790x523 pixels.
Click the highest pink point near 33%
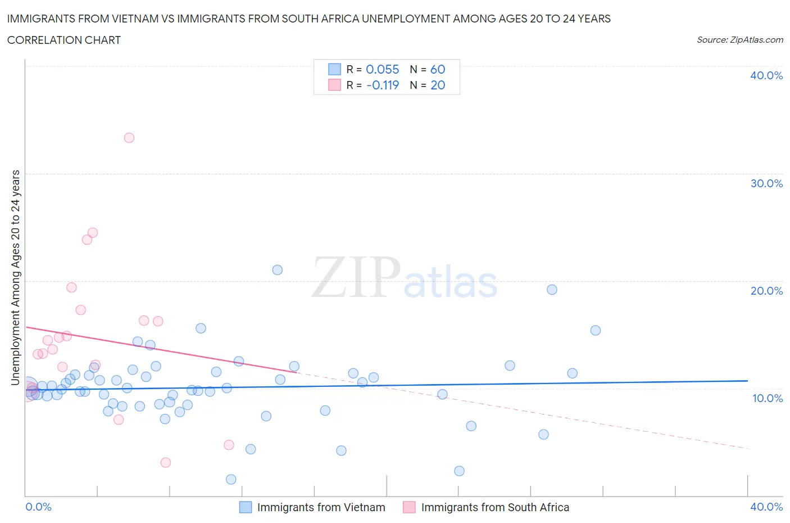pos(129,138)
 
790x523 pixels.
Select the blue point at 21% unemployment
pos(278,270)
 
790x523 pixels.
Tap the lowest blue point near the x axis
pos(231,480)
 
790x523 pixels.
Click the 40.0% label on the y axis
pos(766,75)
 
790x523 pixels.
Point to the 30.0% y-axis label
pos(766,183)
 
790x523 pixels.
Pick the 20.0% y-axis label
pos(766,291)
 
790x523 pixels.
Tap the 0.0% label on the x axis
pos(38,507)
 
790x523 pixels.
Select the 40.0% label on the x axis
pos(766,507)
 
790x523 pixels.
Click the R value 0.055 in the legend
pos(382,69)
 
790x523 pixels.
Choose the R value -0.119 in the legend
pos(382,85)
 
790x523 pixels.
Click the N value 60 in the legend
pos(438,69)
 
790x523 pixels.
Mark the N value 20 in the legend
pos(438,85)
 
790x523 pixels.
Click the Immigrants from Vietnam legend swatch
pos(246,507)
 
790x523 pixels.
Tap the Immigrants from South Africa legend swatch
pos(409,507)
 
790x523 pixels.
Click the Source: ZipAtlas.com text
pos(739,40)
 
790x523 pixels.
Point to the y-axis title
pos(15,277)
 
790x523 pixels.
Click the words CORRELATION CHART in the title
pos(64,40)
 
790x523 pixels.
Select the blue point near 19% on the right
pos(552,290)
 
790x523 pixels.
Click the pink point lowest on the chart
pos(166,463)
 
